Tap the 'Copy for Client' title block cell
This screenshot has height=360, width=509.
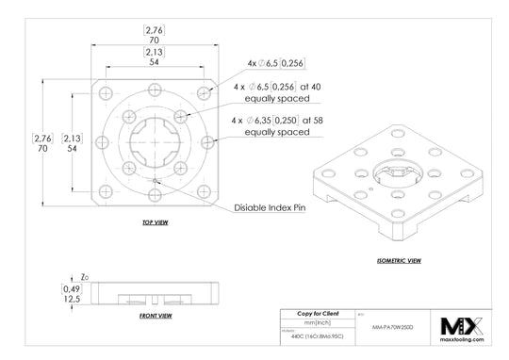[x=318, y=312]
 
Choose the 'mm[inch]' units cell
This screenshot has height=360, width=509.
[x=318, y=322]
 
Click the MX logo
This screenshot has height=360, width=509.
[x=462, y=326]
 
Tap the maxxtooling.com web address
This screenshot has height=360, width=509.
[x=462, y=340]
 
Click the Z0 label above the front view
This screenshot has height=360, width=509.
[x=85, y=278]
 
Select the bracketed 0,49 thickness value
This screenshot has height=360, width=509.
[x=71, y=288]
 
